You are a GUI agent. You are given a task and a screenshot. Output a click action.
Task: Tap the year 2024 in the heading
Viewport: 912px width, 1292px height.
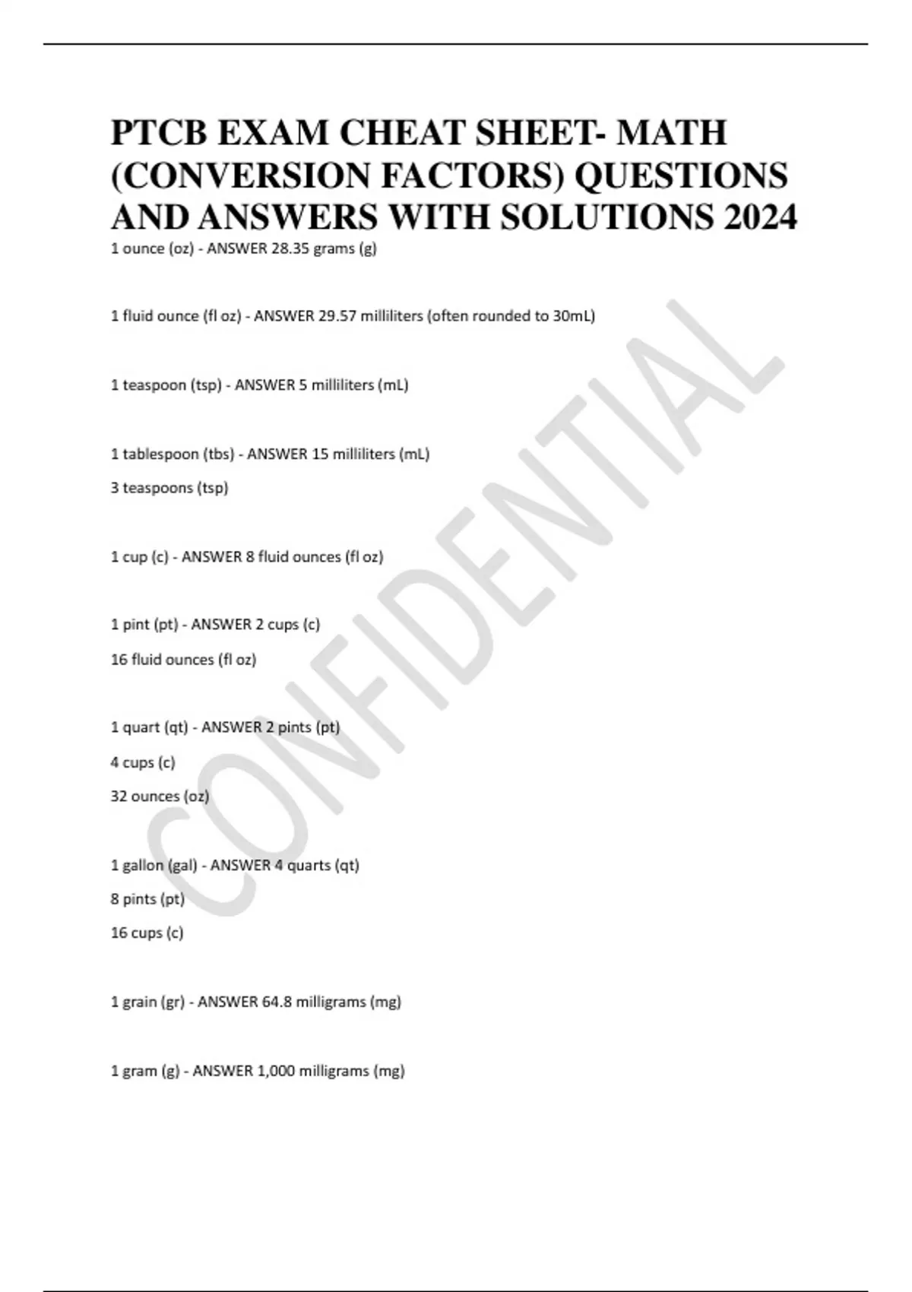(x=760, y=218)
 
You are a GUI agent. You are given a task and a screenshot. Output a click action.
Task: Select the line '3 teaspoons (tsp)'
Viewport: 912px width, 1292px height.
(x=169, y=488)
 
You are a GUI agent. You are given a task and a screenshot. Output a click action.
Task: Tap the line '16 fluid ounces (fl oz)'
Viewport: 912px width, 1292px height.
(x=183, y=660)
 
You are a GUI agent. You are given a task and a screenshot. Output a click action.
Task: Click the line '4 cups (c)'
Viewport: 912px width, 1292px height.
(x=143, y=762)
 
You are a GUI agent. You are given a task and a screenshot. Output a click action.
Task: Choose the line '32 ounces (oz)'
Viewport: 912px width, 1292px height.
(x=160, y=796)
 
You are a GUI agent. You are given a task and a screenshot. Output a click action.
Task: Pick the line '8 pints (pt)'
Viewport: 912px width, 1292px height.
(x=147, y=899)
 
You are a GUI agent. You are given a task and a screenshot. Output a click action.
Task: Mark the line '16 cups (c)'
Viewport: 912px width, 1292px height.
(x=147, y=933)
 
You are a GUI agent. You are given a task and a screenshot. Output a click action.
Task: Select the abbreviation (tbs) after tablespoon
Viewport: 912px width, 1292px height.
(x=218, y=454)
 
